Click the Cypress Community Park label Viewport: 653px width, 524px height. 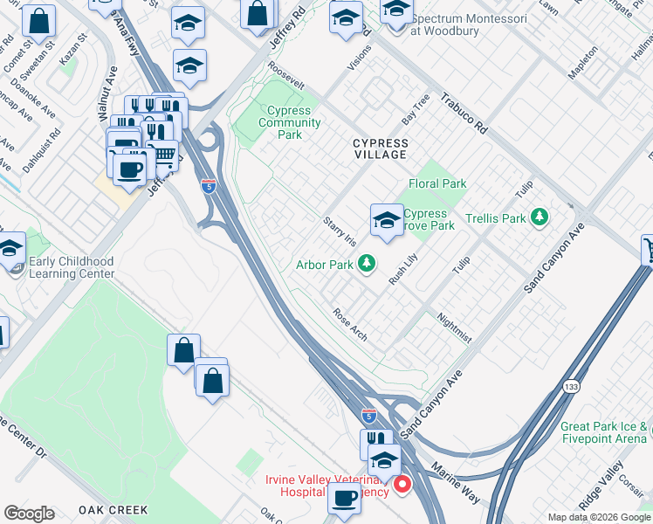click(x=284, y=123)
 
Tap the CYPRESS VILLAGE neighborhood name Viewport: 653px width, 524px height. click(x=380, y=148)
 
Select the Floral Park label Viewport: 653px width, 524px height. click(x=437, y=183)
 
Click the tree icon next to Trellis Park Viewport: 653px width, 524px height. click(x=540, y=217)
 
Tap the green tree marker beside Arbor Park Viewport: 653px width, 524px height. click(x=368, y=263)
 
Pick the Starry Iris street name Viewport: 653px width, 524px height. click(x=340, y=231)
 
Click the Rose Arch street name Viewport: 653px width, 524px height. click(x=350, y=323)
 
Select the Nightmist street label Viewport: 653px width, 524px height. click(x=454, y=327)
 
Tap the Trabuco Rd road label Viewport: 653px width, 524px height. click(x=463, y=114)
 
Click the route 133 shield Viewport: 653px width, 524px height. click(x=571, y=386)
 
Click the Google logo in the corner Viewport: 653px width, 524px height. click(x=29, y=514)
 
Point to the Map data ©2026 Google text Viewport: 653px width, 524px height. click(x=599, y=517)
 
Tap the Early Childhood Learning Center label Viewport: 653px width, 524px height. click(x=72, y=267)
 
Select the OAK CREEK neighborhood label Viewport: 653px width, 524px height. click(x=113, y=509)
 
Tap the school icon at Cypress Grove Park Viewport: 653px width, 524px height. click(x=386, y=221)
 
